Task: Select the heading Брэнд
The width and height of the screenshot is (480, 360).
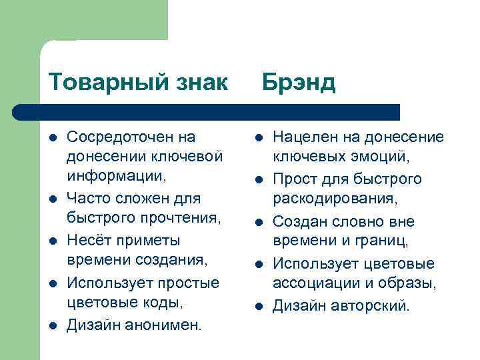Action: (x=298, y=83)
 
